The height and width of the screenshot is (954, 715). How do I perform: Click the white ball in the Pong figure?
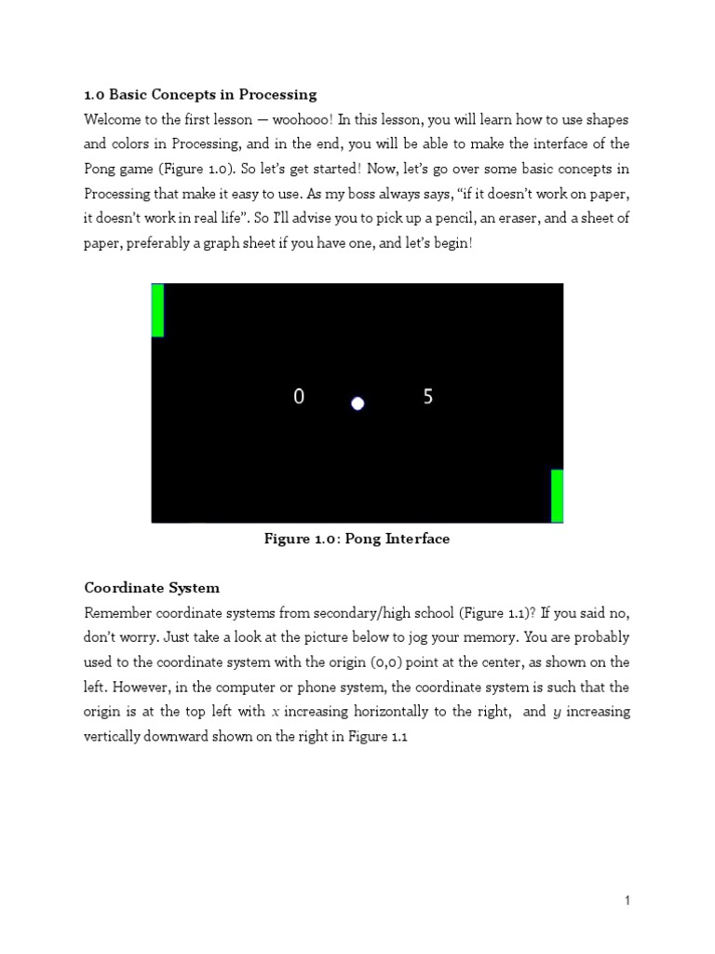pyautogui.click(x=357, y=403)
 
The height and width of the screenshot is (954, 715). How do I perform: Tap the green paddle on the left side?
pyautogui.click(x=157, y=310)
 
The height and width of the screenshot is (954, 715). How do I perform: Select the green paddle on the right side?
pyautogui.click(x=557, y=496)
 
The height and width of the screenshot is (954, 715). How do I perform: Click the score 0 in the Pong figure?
pyautogui.click(x=299, y=397)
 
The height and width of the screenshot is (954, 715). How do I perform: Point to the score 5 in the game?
pyautogui.click(x=428, y=397)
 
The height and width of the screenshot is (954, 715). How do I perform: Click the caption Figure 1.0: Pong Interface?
pyautogui.click(x=357, y=539)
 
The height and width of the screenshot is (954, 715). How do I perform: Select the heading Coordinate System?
pyautogui.click(x=152, y=588)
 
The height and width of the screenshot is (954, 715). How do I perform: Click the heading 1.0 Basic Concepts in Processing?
pyautogui.click(x=200, y=94)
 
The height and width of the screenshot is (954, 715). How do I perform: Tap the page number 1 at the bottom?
pyautogui.click(x=627, y=900)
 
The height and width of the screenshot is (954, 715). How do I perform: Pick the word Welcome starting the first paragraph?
pyautogui.click(x=115, y=119)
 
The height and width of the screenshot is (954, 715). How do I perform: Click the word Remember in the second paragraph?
pyautogui.click(x=118, y=613)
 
